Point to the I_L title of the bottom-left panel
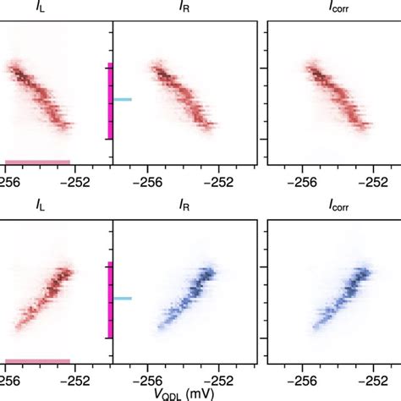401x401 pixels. [40, 203]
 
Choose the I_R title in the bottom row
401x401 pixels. [186, 203]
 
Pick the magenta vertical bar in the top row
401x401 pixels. [110, 102]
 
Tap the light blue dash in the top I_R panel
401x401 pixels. [124, 100]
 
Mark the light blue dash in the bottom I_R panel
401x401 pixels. [124, 298]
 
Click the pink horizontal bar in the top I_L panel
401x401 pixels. [37, 162]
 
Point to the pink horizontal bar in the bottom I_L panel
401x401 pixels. [37, 361]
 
